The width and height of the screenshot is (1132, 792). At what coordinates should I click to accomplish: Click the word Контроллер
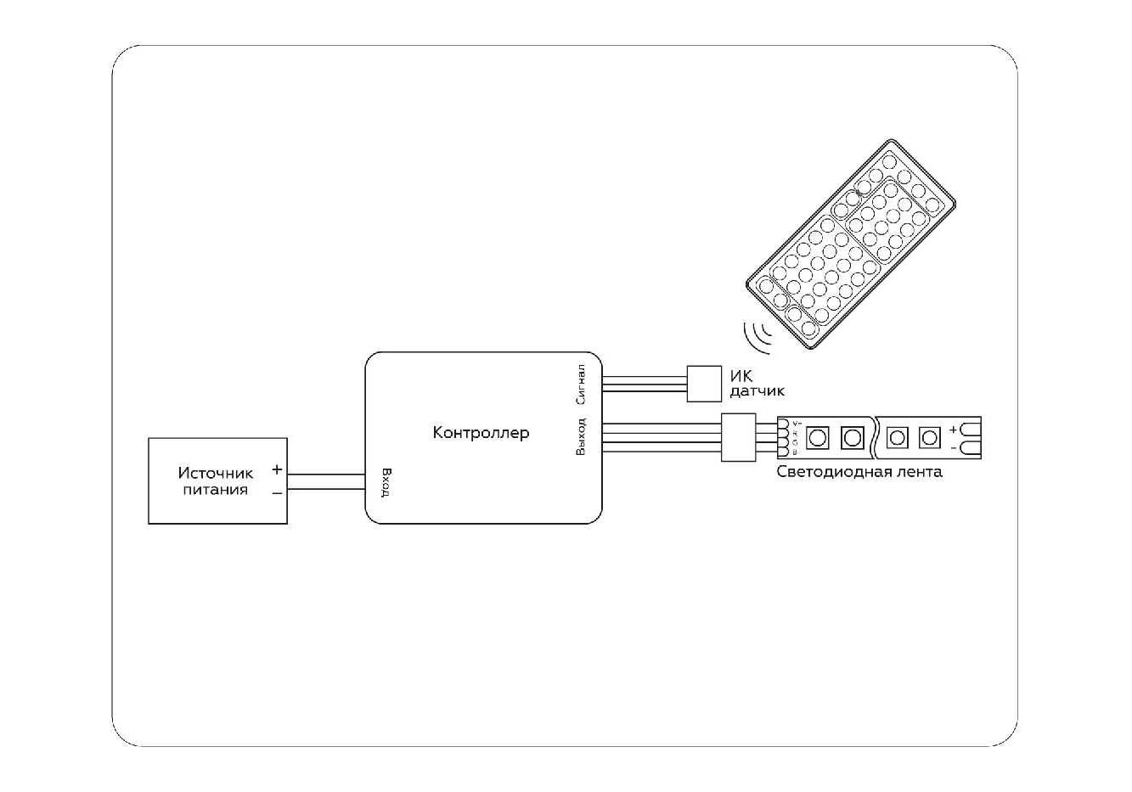pyautogui.click(x=481, y=433)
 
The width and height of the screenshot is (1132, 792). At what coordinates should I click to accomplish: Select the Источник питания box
pyautogui.click(x=217, y=480)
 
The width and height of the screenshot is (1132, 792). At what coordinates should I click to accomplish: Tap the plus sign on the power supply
pyautogui.click(x=277, y=469)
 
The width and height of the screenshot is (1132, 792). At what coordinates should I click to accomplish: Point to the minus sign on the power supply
pyautogui.click(x=277, y=492)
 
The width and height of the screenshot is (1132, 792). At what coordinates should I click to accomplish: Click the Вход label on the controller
pyautogui.click(x=386, y=483)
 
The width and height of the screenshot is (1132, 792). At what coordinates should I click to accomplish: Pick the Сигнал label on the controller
pyautogui.click(x=581, y=384)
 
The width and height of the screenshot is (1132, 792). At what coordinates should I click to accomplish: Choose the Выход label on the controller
pyautogui.click(x=581, y=436)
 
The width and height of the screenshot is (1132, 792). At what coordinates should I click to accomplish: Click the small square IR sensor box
pyautogui.click(x=702, y=382)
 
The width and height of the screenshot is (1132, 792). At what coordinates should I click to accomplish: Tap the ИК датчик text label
pyautogui.click(x=757, y=383)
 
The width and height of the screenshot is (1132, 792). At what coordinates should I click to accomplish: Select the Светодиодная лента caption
pyautogui.click(x=859, y=472)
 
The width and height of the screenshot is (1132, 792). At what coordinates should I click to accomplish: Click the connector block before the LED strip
pyautogui.click(x=738, y=437)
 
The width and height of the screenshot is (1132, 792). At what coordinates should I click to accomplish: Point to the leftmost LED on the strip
pyautogui.click(x=817, y=437)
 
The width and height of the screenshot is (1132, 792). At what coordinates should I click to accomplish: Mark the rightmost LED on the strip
pyautogui.click(x=931, y=437)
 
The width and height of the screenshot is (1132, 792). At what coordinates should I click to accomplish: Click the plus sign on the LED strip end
pyautogui.click(x=954, y=430)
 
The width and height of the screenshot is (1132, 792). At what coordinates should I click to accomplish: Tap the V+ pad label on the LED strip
pyautogui.click(x=796, y=423)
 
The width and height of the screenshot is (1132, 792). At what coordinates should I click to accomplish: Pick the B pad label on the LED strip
pyautogui.click(x=795, y=452)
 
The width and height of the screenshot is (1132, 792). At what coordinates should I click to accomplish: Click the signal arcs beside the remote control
pyautogui.click(x=757, y=334)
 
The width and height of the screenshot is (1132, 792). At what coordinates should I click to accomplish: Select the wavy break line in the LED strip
pyautogui.click(x=875, y=437)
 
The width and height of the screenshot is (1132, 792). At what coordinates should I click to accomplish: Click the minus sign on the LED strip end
pyautogui.click(x=954, y=447)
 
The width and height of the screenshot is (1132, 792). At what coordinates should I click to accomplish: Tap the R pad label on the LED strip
pyautogui.click(x=795, y=433)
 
